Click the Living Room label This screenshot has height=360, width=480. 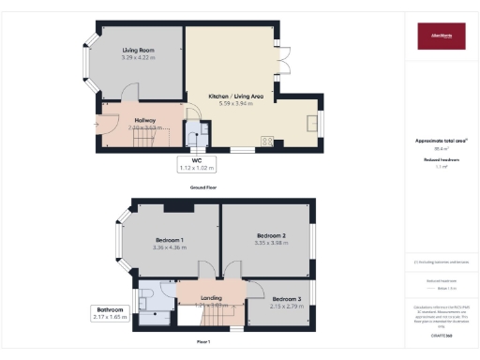pyautogui.click(x=137, y=51)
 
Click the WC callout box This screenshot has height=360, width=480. pyautogui.click(x=197, y=164)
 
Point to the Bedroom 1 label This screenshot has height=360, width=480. pyautogui.click(x=171, y=240)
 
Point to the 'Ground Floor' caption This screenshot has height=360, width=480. pyautogui.click(x=204, y=187)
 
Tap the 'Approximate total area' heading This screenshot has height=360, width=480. pyautogui.click(x=442, y=141)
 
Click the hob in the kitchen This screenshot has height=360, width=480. pyautogui.click(x=265, y=142)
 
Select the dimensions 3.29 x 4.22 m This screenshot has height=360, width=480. pyautogui.click(x=137, y=58)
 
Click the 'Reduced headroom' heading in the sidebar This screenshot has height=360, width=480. pyautogui.click(x=442, y=160)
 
